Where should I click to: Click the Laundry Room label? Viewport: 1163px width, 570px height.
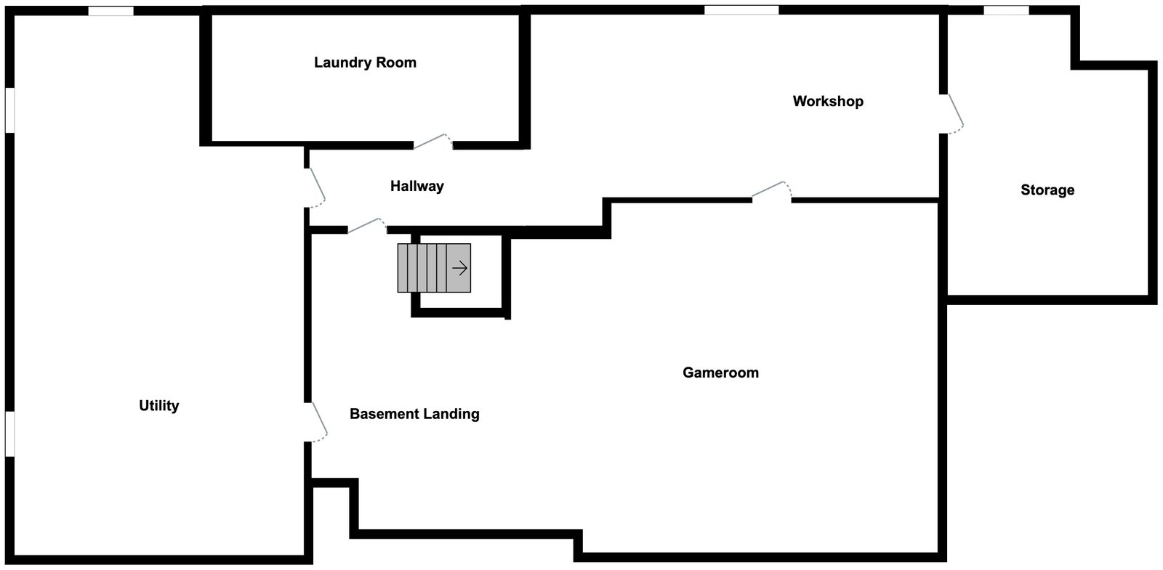tap(365, 62)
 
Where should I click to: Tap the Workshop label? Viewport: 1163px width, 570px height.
tap(828, 101)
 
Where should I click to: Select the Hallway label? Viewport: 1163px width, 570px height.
tap(416, 186)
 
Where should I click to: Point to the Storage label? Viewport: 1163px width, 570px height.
tap(1047, 190)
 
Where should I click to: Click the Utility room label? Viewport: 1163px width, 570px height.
tap(158, 406)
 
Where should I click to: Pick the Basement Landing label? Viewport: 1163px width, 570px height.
tap(414, 414)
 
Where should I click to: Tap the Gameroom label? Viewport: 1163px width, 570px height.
tap(720, 372)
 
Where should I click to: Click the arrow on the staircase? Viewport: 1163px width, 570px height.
tap(459, 268)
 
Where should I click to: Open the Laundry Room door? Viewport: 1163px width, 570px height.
tap(432, 142)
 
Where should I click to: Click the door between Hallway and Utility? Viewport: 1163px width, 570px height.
tap(315, 187)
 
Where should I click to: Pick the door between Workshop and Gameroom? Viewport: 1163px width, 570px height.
tap(771, 190)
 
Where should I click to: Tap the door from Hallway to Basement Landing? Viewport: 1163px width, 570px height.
tap(366, 225)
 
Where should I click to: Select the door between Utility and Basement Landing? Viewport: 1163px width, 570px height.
tap(318, 422)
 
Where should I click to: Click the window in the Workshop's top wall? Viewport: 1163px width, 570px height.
tap(741, 10)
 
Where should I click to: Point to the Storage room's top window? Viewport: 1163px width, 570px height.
tap(1006, 10)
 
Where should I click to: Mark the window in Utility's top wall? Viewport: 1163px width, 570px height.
tap(110, 11)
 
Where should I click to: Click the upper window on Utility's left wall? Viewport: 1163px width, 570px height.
tap(10, 110)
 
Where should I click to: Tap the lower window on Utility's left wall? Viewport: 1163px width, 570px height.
tap(10, 434)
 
